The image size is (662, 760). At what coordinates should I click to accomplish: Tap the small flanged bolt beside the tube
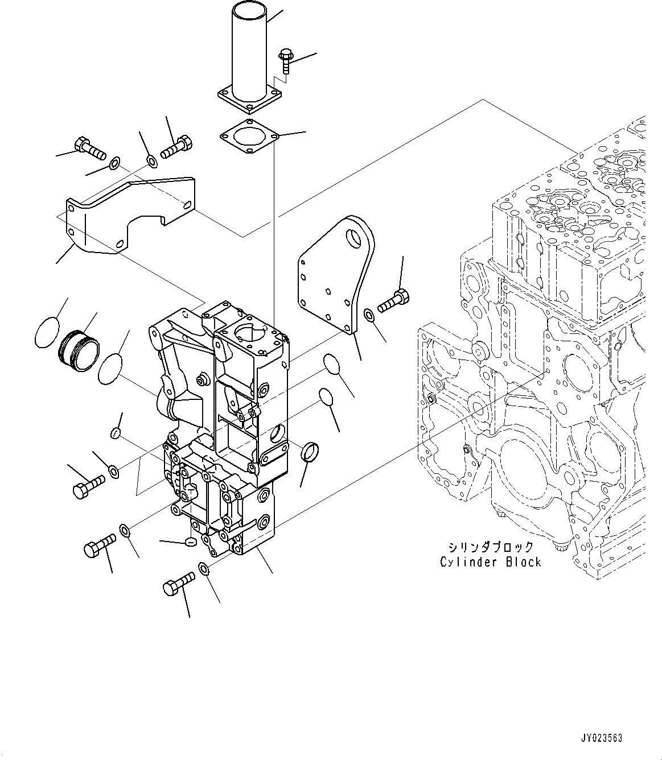tap(285, 60)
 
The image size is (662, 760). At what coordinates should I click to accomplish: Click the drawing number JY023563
tap(601, 738)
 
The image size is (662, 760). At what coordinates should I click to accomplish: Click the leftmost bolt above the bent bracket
tap(89, 148)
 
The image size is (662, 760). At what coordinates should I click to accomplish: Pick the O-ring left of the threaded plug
tap(47, 332)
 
